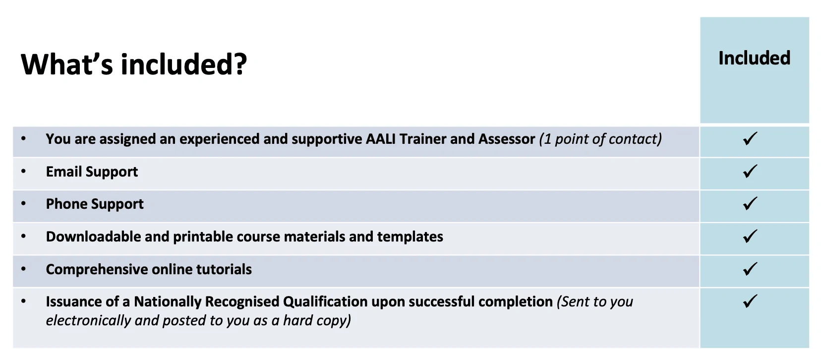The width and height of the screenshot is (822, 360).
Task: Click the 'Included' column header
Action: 754,58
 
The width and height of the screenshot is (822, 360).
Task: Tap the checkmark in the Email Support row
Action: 750,172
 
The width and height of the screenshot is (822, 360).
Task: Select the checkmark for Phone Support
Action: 750,204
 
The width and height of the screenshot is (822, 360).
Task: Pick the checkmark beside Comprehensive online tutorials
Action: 750,269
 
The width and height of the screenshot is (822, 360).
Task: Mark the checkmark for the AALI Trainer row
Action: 750,139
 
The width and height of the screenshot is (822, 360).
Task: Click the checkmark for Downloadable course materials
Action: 750,237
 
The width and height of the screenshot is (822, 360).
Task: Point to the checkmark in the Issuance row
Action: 750,301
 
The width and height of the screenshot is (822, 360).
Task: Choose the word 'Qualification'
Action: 325,301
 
